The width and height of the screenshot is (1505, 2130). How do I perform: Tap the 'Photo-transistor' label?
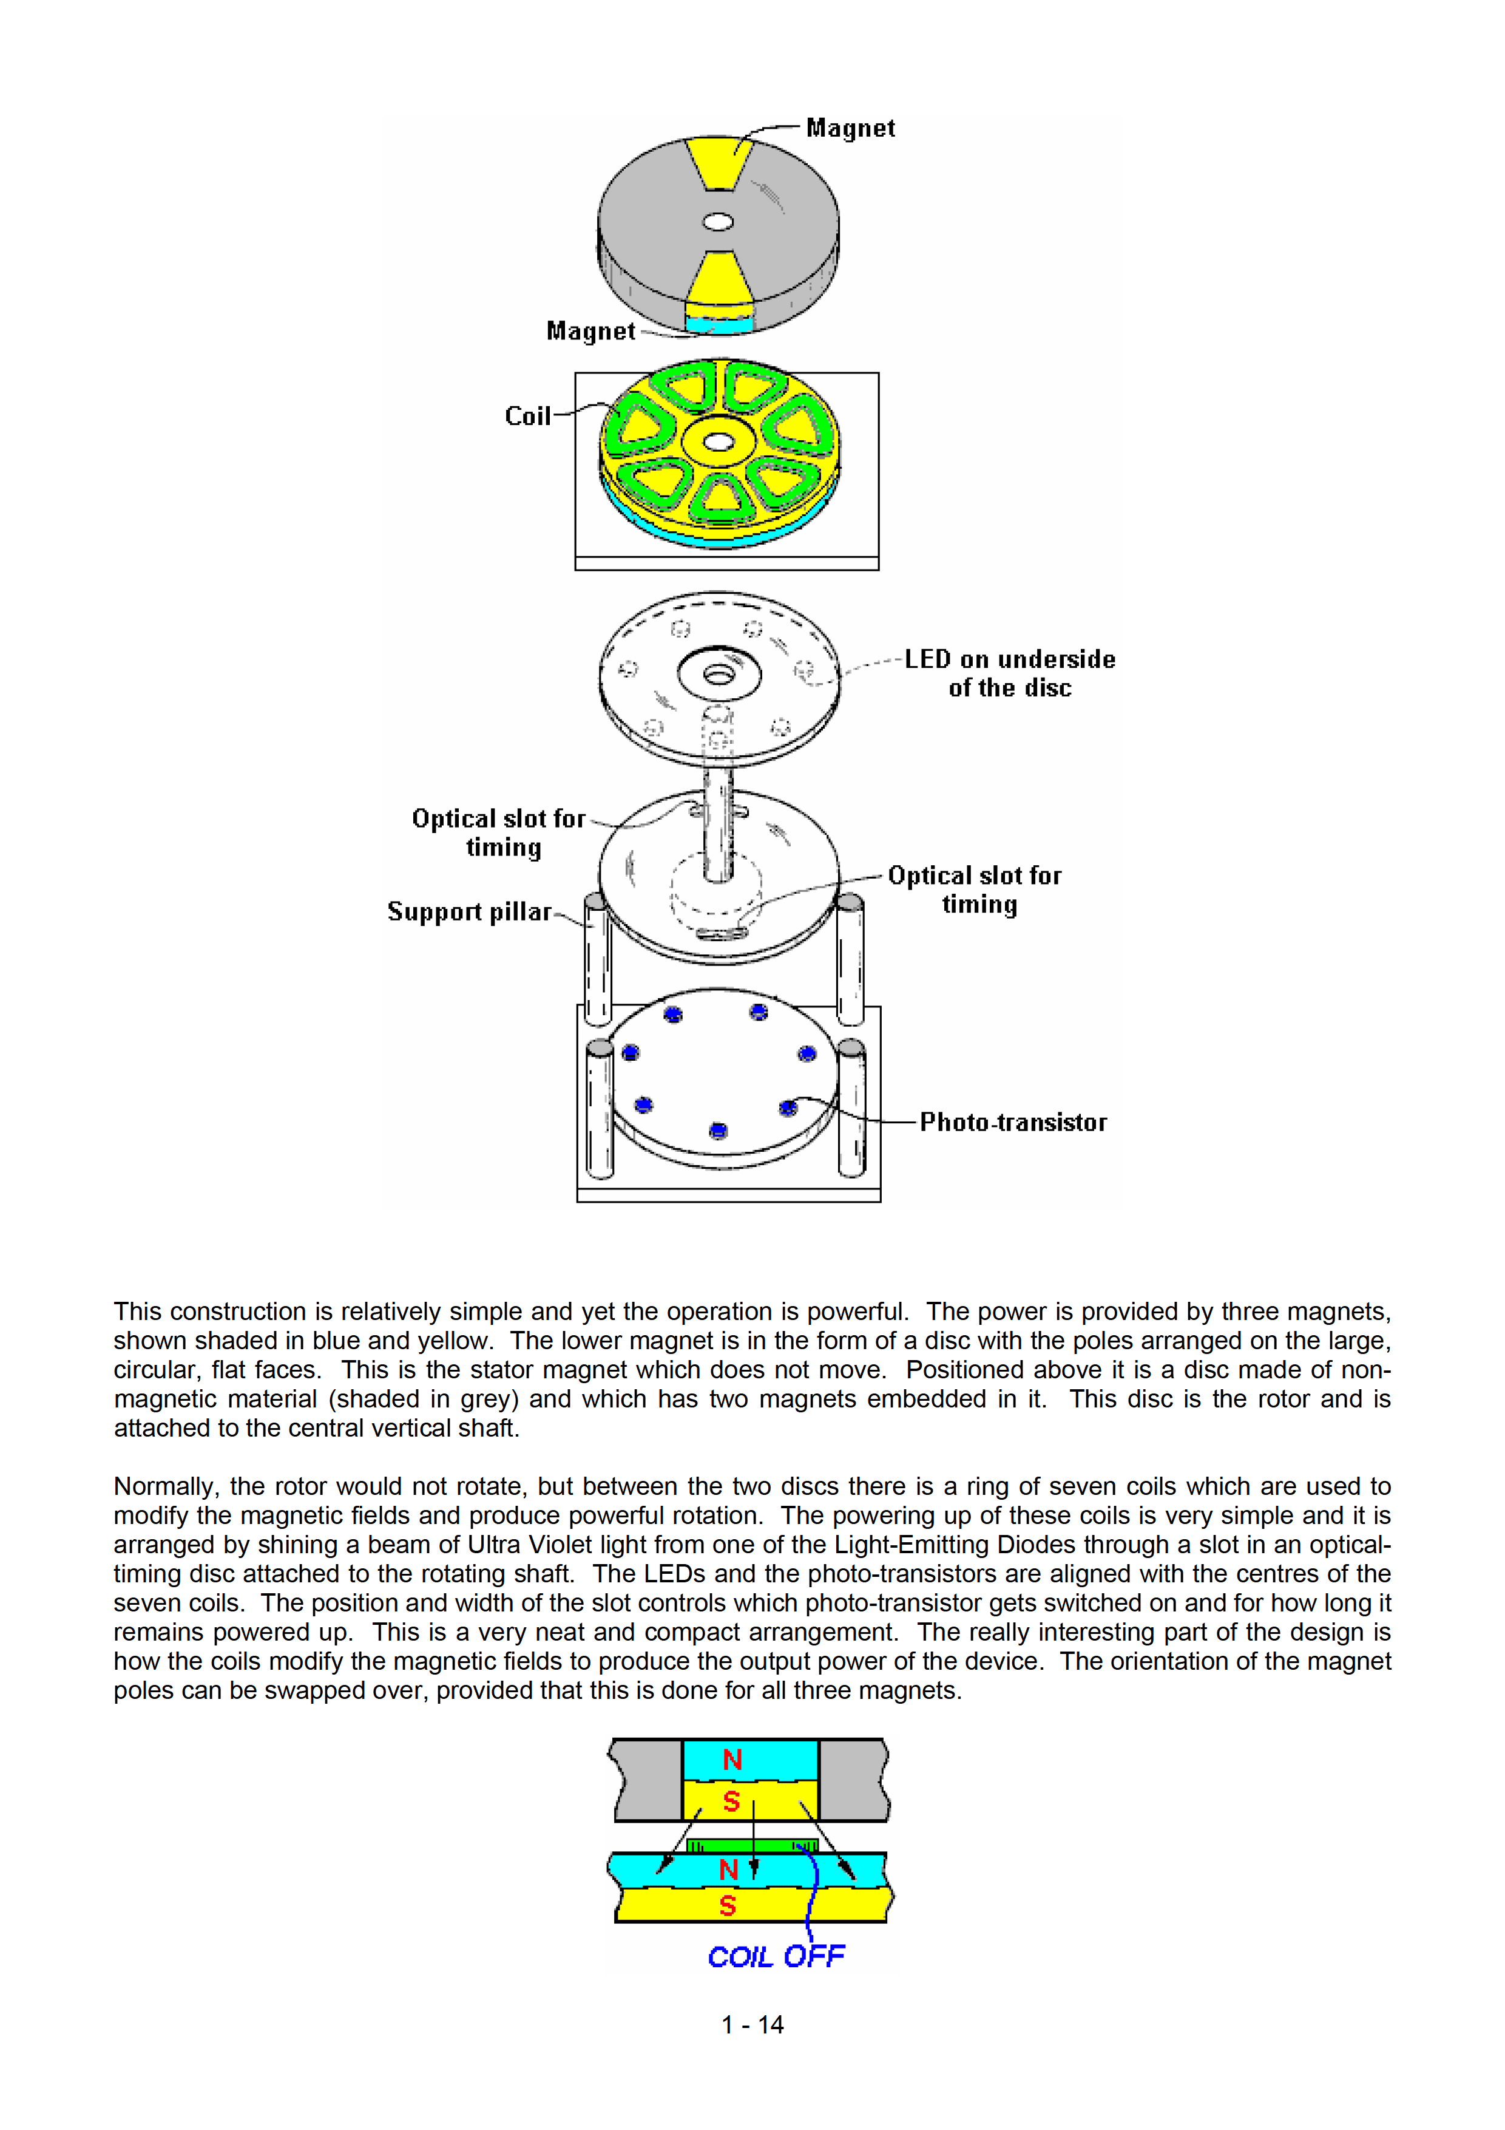[x=1013, y=1123]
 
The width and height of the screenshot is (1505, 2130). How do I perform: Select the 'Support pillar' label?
[x=469, y=912]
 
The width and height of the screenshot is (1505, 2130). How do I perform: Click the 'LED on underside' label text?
[x=1010, y=659]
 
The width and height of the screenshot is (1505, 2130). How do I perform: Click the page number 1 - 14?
[x=752, y=2024]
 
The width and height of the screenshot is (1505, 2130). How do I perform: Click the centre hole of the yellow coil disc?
[x=718, y=441]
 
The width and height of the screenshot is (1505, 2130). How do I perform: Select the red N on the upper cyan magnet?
[x=732, y=1760]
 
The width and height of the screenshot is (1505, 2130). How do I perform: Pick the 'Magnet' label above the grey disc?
[x=850, y=128]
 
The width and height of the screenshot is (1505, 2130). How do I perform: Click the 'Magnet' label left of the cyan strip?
[x=590, y=331]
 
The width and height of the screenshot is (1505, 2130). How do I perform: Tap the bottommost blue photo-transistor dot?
[x=718, y=1131]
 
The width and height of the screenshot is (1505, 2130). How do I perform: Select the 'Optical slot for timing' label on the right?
[x=975, y=890]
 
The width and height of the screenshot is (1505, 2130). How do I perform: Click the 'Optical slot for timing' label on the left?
[x=499, y=833]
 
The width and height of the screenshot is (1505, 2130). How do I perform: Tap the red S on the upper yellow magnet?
[x=732, y=1802]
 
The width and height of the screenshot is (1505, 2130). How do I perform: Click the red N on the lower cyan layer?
[x=729, y=1870]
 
